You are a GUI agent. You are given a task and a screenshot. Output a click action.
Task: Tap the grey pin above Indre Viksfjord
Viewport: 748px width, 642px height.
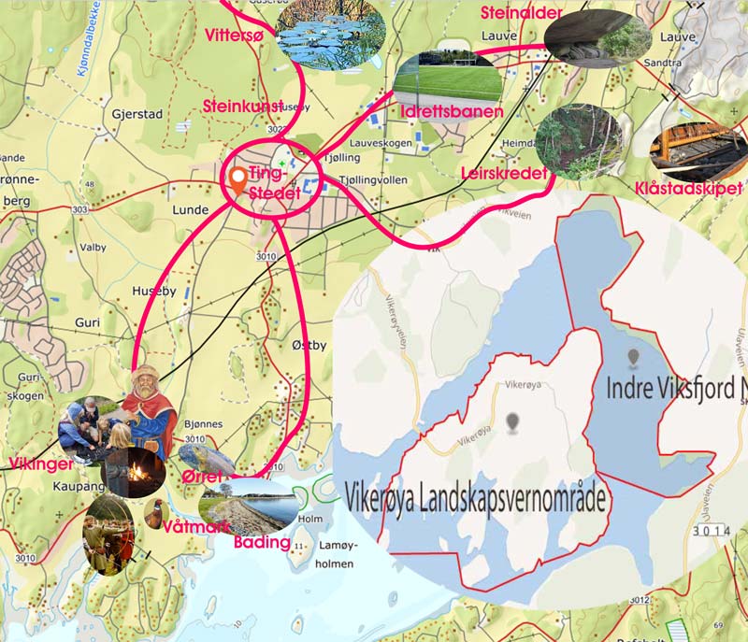click(635, 358)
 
